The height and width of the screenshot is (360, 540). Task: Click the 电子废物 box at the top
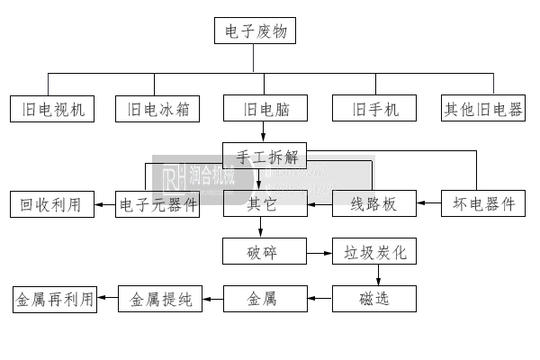[255, 31]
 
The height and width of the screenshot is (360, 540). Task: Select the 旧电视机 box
[53, 109]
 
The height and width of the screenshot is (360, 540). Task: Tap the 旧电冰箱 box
[157, 109]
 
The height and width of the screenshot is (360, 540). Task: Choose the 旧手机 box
[373, 109]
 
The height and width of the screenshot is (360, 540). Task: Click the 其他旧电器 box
[483, 109]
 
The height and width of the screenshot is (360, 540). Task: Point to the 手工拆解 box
[265, 156]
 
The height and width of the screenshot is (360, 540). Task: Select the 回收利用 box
[50, 204]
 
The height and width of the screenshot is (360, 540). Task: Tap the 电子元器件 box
[157, 204]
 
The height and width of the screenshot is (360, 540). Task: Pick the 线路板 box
[373, 204]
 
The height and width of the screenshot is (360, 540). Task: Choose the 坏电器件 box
[483, 204]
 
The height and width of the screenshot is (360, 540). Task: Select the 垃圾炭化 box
[375, 251]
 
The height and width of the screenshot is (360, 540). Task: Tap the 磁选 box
[375, 298]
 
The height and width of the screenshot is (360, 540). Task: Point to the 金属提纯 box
[160, 298]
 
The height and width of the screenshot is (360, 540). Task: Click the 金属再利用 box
[53, 298]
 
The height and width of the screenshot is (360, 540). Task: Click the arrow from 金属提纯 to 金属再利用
[107, 298]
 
